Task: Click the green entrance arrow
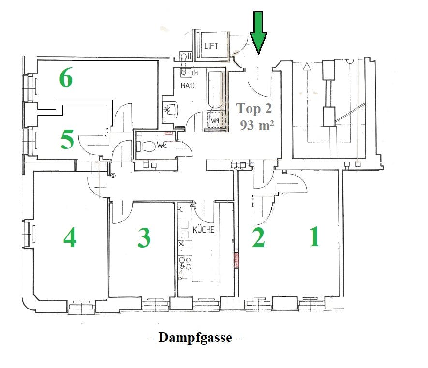coord(258,32)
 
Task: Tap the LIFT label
coord(211,45)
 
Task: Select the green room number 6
coord(66,77)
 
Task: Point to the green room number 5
coord(67,139)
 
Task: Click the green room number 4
coord(70,237)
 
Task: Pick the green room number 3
coord(144,237)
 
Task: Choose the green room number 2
coord(258,237)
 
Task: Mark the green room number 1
coord(314,236)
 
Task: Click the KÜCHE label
coord(204,229)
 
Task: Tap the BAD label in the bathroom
coord(188,86)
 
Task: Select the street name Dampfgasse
coord(195,338)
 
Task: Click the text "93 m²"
coord(257,125)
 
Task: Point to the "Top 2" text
coord(254,109)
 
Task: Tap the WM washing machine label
coord(215,120)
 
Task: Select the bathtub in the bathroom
coord(216,90)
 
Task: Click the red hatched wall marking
coord(236,260)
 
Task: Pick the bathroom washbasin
coord(171,109)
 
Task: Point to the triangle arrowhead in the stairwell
coord(307,66)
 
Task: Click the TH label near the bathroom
coord(194,73)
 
